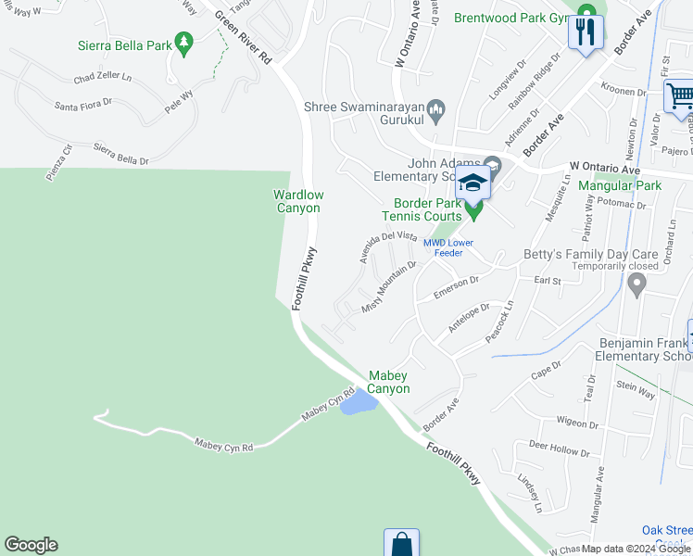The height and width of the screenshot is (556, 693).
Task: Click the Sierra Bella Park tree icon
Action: pyautogui.click(x=183, y=42)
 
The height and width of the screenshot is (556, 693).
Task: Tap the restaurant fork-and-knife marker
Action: pyautogui.click(x=586, y=33)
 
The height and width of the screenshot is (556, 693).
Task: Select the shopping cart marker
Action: pyautogui.click(x=679, y=97)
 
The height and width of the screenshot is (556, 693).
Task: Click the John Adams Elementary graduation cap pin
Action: pyautogui.click(x=472, y=183)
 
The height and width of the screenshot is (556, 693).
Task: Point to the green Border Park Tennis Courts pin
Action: pyautogui.click(x=474, y=211)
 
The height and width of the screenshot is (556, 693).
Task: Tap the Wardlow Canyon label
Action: pyautogui.click(x=296, y=201)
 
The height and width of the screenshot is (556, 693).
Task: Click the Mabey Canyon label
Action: pyautogui.click(x=389, y=382)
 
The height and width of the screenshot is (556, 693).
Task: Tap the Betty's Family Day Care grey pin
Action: pyautogui.click(x=636, y=286)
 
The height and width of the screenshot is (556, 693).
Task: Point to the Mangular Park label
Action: pyautogui.click(x=620, y=185)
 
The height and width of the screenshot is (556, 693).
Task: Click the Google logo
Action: pyautogui.click(x=31, y=545)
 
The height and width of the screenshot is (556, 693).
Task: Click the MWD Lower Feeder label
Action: pyautogui.click(x=448, y=248)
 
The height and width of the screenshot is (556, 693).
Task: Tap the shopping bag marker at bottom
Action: pyautogui.click(x=401, y=544)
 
